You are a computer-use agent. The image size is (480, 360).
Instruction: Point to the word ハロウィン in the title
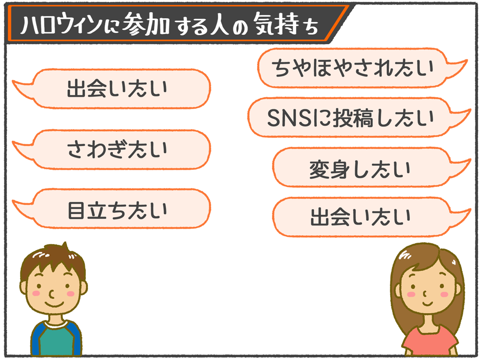coord(61,23)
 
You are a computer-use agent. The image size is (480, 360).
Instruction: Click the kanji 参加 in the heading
coord(146,23)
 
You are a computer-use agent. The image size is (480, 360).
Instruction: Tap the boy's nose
coord(52,295)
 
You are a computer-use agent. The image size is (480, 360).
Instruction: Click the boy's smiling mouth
coord(54,305)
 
